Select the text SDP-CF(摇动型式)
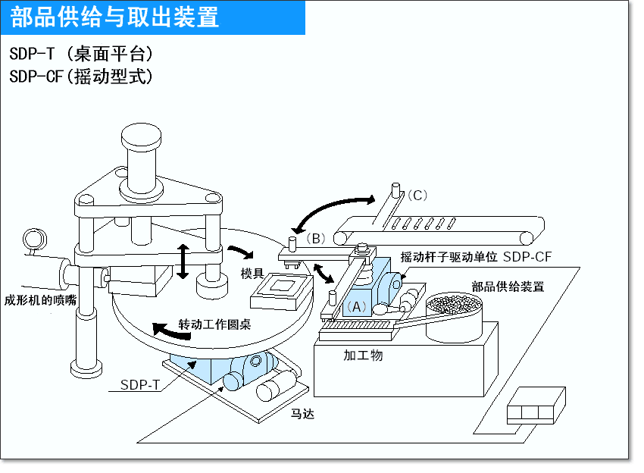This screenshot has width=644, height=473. (82, 77)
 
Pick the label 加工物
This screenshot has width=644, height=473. (363, 354)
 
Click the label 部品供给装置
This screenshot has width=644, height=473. (507, 287)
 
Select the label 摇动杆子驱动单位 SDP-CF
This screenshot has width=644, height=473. (475, 256)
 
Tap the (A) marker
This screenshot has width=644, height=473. (355, 306)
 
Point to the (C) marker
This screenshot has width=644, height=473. (417, 195)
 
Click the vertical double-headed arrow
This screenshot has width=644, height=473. (182, 262)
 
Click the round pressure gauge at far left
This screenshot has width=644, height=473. (33, 239)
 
